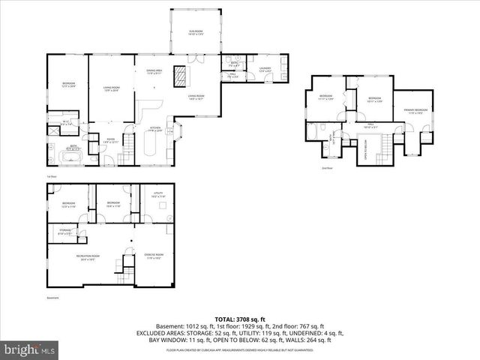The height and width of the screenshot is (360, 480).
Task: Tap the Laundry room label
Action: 265,70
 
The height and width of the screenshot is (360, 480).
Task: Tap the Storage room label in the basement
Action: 66,232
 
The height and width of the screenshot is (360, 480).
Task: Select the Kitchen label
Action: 155,129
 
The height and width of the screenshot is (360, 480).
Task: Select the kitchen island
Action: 146,153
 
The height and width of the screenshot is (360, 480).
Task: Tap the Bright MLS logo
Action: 30,349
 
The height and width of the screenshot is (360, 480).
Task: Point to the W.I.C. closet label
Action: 66,123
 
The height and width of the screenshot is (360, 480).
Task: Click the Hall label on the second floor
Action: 370,127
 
